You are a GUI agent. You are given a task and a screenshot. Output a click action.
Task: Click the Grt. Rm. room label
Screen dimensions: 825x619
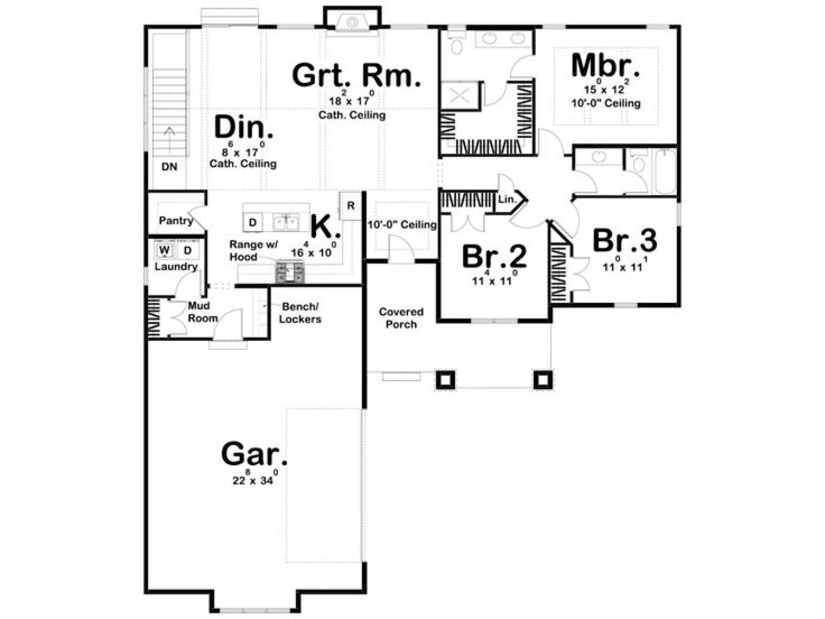(x=356, y=75)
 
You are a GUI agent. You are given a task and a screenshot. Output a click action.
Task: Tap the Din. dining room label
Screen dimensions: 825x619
(x=243, y=127)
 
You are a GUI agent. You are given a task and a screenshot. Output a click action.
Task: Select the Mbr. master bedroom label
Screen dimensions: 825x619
(x=605, y=66)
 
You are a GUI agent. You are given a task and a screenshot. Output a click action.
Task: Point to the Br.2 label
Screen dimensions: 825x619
(x=494, y=256)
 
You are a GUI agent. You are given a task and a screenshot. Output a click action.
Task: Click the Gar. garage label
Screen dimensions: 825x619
(x=254, y=454)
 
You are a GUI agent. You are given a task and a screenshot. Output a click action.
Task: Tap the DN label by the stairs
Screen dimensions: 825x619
(x=169, y=167)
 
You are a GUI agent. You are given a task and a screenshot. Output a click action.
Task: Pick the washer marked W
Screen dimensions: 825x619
(x=164, y=250)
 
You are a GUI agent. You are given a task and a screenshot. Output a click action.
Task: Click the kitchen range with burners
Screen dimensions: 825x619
(x=290, y=272)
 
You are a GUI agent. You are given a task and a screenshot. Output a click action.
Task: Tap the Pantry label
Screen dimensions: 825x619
(x=175, y=221)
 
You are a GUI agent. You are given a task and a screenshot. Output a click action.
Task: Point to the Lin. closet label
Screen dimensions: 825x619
(x=507, y=200)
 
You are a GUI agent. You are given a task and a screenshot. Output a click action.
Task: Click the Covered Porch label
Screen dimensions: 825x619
(x=401, y=318)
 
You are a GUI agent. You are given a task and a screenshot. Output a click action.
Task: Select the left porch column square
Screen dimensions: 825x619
(x=445, y=380)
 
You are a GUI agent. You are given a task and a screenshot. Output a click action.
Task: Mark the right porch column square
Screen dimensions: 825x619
(x=543, y=380)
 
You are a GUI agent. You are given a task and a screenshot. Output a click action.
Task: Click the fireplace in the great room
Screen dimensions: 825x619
(x=352, y=22)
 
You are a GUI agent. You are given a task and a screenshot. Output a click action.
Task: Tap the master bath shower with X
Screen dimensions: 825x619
(x=459, y=96)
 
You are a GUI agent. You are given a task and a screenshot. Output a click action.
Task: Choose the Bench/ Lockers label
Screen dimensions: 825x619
(x=300, y=313)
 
